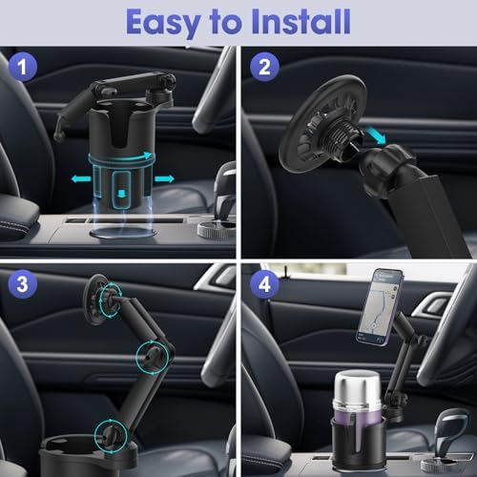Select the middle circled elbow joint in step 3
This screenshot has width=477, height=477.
coord(148,358)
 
